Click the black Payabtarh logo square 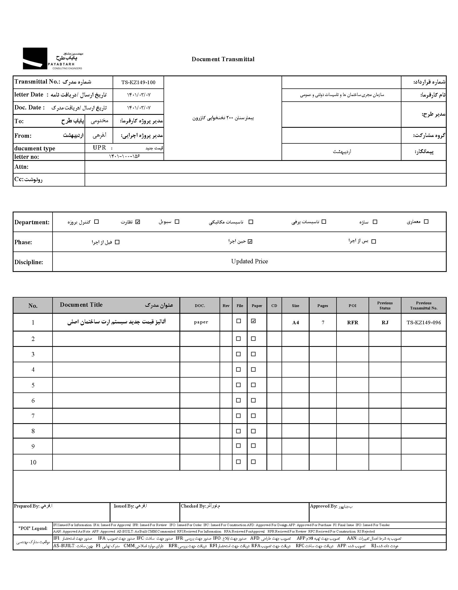coord(35,58)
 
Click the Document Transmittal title coord(223,59)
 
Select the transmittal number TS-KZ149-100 coord(138,82)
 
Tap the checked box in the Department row coord(138,222)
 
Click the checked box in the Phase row coord(250,241)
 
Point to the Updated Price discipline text coord(249,261)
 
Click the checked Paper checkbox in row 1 coord(253,321)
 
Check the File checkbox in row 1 coord(238,321)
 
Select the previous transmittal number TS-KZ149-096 coord(424,322)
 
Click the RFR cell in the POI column coord(352,322)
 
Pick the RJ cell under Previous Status coord(385,322)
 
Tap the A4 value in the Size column coord(296,322)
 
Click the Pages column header coord(322,306)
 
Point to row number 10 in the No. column coord(33,462)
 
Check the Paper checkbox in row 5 coord(253,385)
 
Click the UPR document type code coord(99,148)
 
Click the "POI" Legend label coord(33,528)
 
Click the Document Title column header coord(81,305)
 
